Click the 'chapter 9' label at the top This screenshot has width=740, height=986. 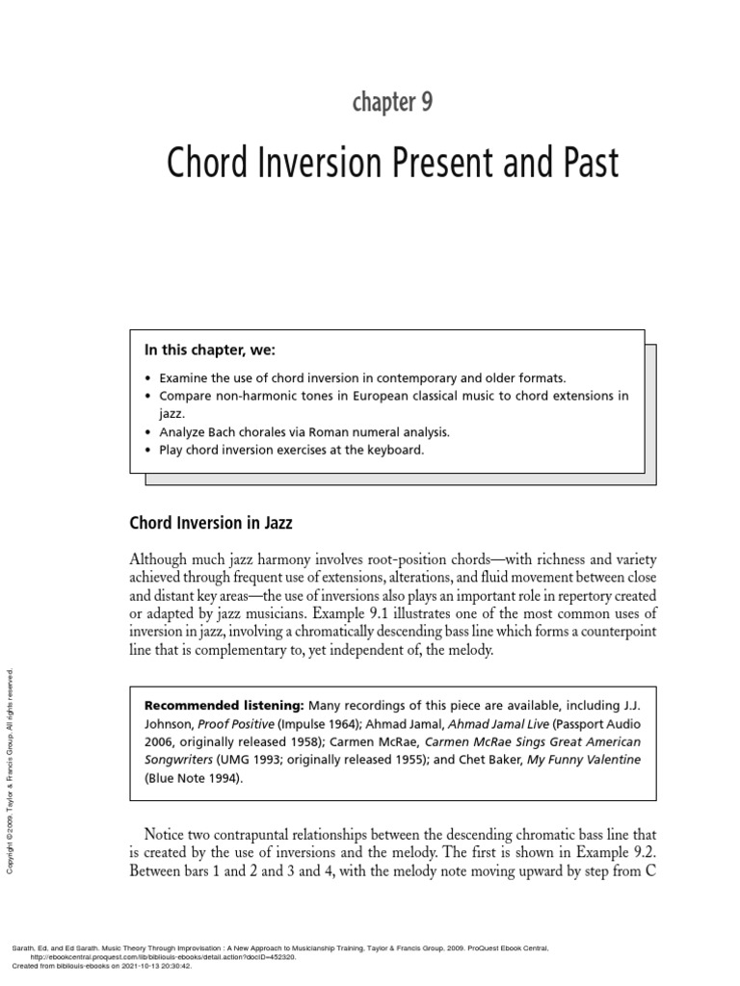(x=392, y=103)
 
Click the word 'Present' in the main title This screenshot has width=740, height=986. (x=440, y=165)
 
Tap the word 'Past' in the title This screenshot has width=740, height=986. (x=584, y=165)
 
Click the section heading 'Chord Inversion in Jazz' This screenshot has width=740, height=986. (x=210, y=524)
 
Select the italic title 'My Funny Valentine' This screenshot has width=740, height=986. (x=575, y=760)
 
